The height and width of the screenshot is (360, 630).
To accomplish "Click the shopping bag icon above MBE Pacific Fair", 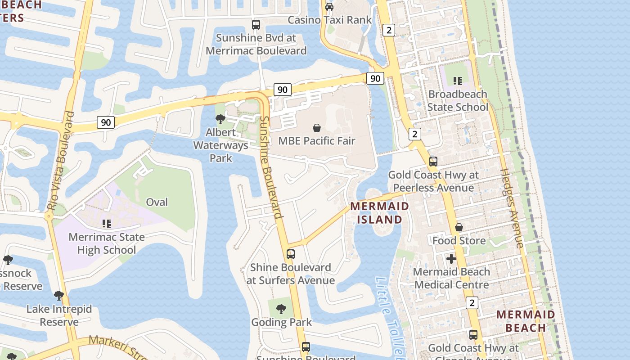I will tap(317, 128).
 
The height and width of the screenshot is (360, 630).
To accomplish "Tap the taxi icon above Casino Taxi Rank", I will tap(329, 6).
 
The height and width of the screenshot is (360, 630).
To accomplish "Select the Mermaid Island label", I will tap(380, 213).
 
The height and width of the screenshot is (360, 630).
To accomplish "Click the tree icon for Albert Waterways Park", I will tap(220, 119).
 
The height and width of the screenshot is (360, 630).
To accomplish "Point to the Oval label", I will tap(157, 202).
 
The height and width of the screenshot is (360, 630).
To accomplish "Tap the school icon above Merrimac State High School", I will tap(107, 224).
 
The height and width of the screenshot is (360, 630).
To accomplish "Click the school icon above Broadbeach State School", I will tap(458, 81).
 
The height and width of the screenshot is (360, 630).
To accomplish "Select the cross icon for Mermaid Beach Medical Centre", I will tap(451, 259).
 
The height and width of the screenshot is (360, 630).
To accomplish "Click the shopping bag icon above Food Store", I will tap(459, 227).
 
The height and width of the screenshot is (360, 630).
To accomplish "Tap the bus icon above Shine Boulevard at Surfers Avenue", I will tap(291, 254).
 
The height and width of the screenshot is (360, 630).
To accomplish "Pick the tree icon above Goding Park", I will tap(281, 309).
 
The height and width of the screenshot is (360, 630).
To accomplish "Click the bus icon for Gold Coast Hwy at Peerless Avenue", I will tap(433, 162).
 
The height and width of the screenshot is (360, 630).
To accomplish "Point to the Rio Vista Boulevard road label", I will tap(60, 161).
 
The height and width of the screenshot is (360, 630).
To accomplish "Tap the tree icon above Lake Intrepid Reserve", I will tap(58, 296).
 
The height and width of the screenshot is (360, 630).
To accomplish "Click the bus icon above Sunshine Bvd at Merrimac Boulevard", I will tap(256, 25).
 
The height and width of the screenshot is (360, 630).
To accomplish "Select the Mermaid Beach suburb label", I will tap(526, 321).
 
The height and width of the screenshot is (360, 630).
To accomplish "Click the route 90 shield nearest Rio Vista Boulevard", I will tap(106, 122).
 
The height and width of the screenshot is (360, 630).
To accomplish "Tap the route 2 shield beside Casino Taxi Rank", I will tap(389, 30).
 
